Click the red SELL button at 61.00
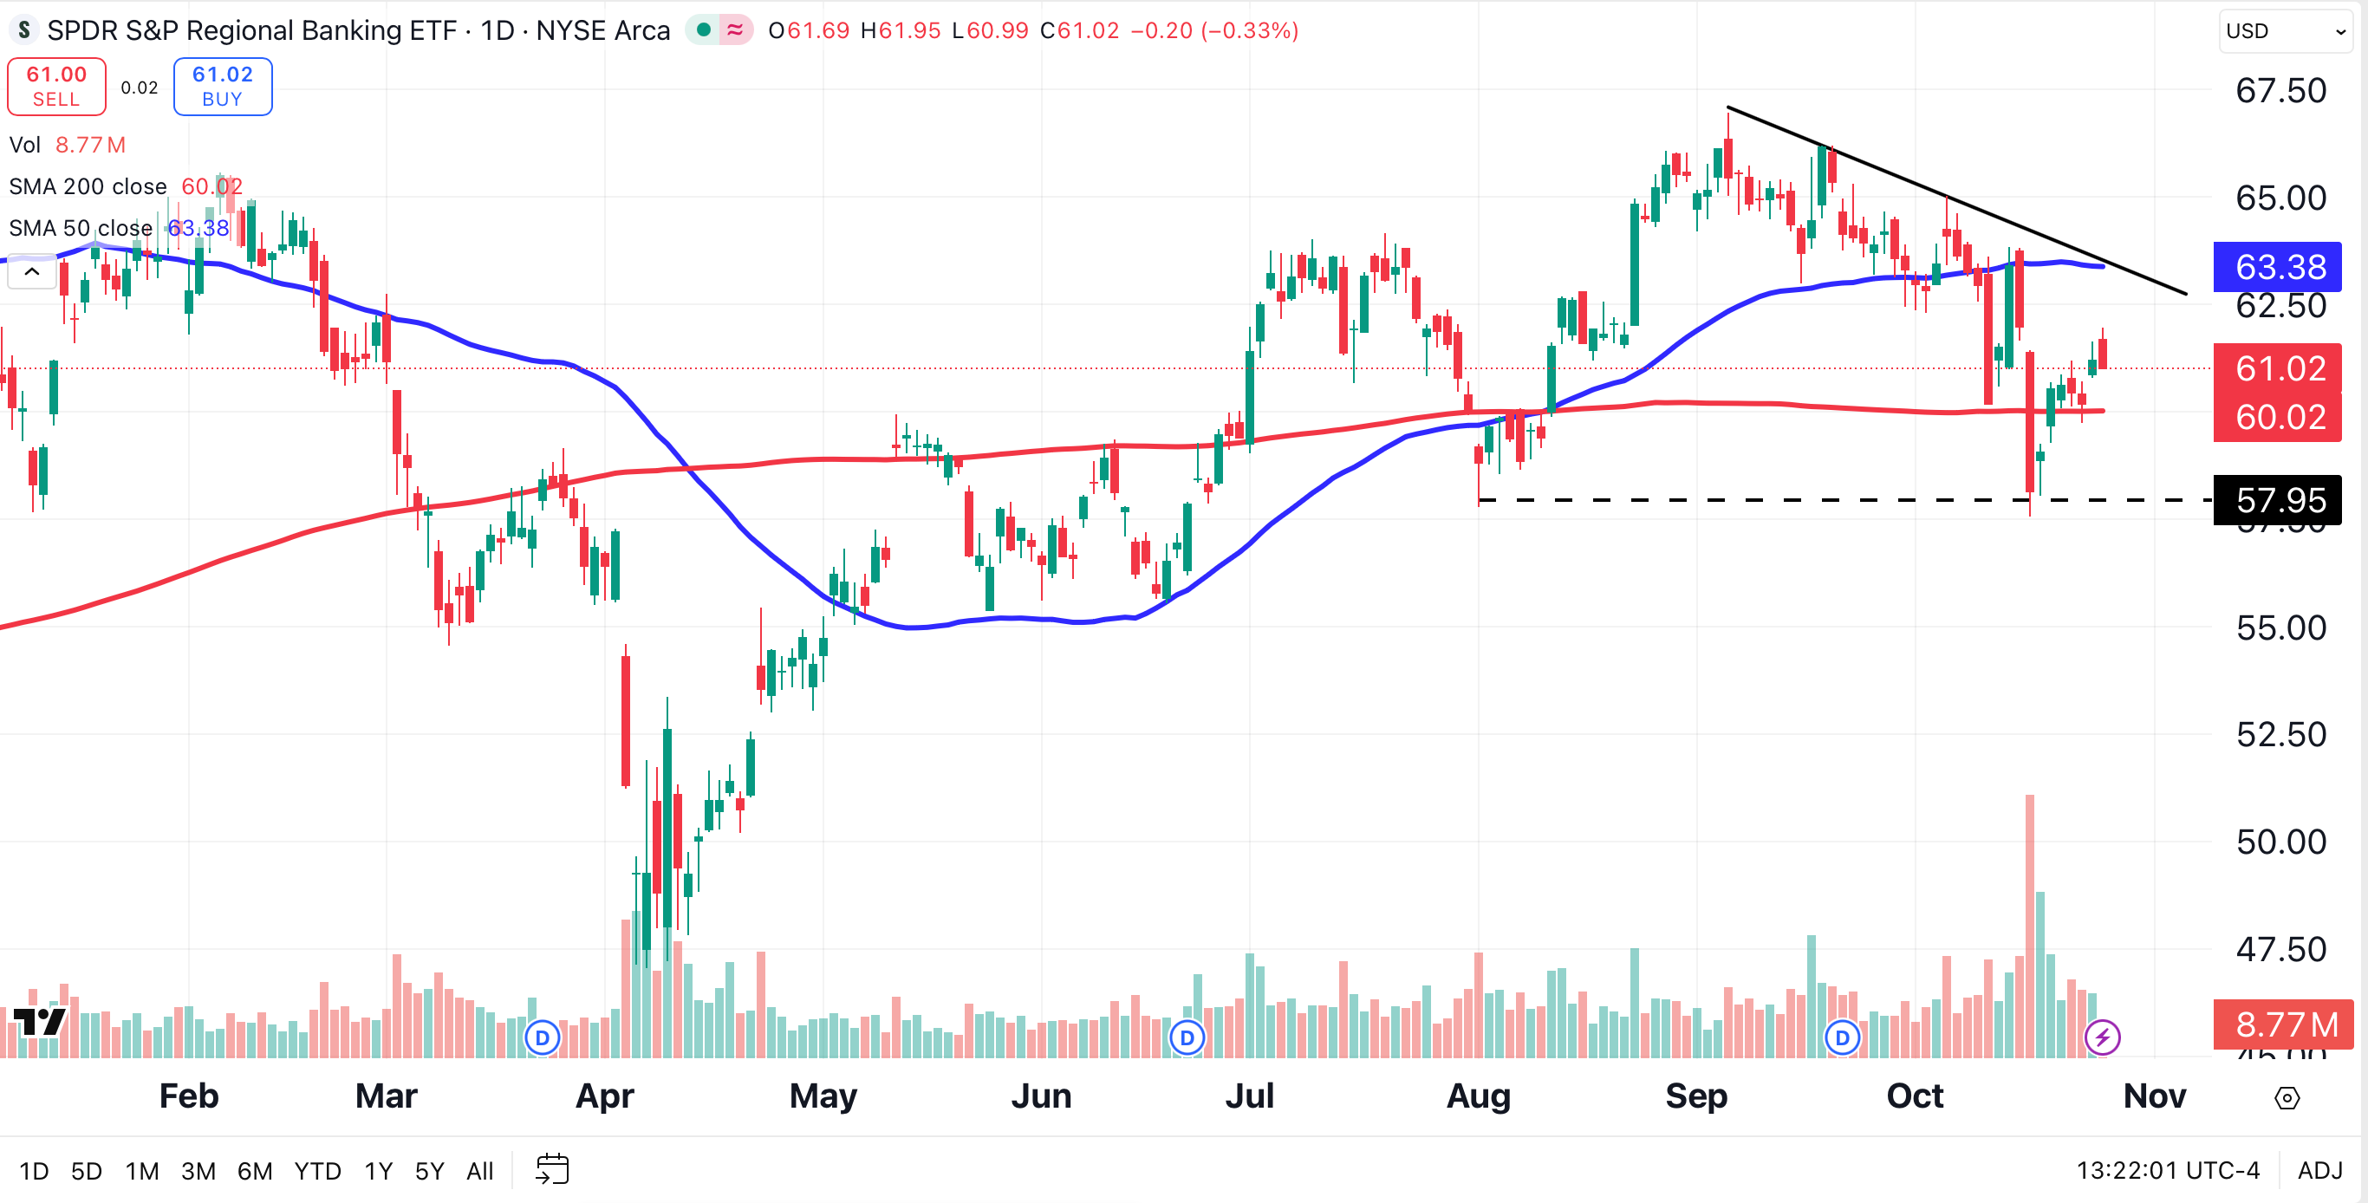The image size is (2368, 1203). (56, 87)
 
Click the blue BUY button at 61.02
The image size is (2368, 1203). (223, 87)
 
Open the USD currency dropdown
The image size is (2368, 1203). (2283, 31)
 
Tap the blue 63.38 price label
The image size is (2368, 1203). (2277, 268)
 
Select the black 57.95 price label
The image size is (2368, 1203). (2277, 501)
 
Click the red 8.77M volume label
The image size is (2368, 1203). (2282, 1024)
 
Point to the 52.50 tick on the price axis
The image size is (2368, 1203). (2280, 734)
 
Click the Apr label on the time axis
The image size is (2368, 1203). (604, 1096)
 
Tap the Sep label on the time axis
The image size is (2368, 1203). (1695, 1096)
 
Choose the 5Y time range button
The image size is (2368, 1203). (429, 1171)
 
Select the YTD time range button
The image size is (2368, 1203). (317, 1171)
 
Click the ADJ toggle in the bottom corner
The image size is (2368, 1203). (2319, 1170)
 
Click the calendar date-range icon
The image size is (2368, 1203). (552, 1170)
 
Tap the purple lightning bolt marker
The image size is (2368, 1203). (2101, 1037)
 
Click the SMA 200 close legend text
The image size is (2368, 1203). (88, 186)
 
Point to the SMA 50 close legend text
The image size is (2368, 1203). (81, 228)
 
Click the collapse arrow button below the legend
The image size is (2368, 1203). (31, 272)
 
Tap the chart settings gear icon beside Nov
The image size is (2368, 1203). (2287, 1097)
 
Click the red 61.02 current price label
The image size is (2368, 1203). (2277, 368)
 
